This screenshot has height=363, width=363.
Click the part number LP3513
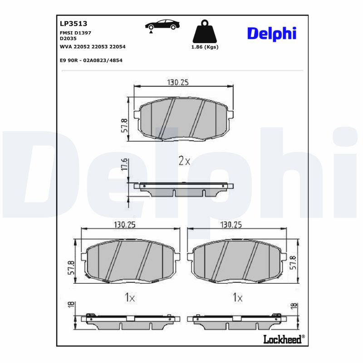[74, 24]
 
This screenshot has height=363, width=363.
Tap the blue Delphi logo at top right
[271, 33]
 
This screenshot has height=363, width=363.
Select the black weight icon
[205, 31]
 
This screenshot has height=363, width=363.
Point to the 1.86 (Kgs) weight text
[205, 47]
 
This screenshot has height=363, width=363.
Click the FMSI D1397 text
[75, 34]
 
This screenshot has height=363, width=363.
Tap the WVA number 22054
[118, 47]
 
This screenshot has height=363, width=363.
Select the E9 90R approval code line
[91, 60]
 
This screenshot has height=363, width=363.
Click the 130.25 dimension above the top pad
[178, 82]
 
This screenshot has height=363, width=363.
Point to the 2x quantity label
[184, 161]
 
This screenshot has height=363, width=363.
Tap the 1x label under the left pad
[130, 298]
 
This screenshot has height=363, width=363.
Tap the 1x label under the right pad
[237, 298]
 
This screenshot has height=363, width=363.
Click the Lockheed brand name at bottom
[282, 340]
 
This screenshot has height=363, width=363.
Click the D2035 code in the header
[68, 39]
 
